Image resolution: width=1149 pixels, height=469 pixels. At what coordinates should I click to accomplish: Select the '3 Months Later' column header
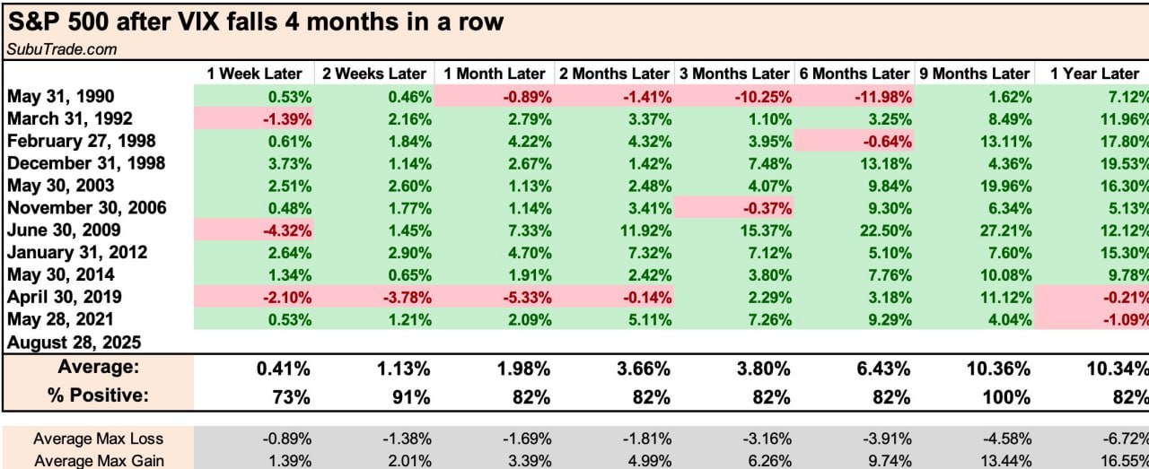coord(733,74)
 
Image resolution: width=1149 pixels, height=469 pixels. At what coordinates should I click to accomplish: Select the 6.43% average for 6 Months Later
coord(884,368)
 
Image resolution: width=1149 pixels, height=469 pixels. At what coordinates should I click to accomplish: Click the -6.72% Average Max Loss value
coord(1124,439)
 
